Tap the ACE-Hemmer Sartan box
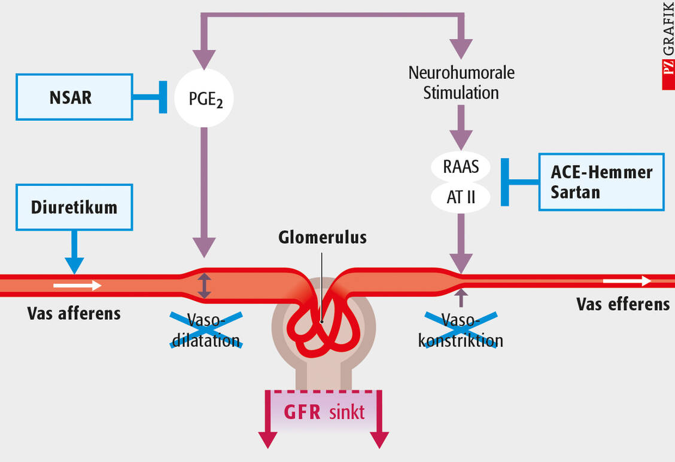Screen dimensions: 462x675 (601, 182)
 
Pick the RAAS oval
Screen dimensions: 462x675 (461, 166)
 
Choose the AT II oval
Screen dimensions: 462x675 (461, 196)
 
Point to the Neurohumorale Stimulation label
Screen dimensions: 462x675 (461, 82)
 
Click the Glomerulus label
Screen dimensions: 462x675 (323, 237)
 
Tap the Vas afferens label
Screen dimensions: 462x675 (74, 313)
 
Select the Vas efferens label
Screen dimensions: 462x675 (623, 304)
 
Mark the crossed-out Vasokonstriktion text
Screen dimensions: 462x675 (461, 330)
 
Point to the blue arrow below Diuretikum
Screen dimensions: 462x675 (74, 253)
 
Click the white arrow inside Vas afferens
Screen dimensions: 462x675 (77, 286)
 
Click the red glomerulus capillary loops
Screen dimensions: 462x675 (323, 326)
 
